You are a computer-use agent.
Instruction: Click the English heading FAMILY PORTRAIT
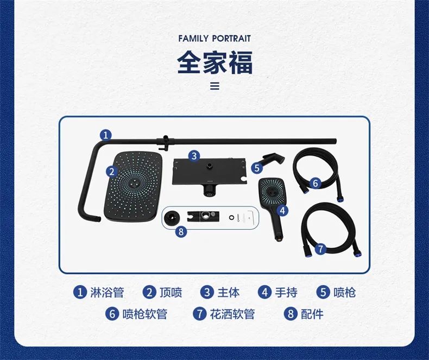pyautogui.click(x=214, y=39)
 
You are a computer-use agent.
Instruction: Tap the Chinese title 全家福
pyautogui.click(x=215, y=62)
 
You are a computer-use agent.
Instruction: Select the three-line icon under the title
pyautogui.click(x=214, y=86)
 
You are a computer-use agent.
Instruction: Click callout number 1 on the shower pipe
pyautogui.click(x=106, y=135)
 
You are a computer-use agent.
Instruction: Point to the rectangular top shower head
pyautogui.click(x=134, y=187)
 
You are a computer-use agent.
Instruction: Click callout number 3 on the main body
pyautogui.click(x=194, y=156)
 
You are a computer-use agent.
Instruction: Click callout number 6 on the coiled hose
pyautogui.click(x=315, y=183)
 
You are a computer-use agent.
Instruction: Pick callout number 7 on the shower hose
pyautogui.click(x=320, y=249)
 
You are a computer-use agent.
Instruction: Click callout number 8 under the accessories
pyautogui.click(x=181, y=232)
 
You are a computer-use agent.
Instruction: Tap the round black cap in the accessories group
pyautogui.click(x=172, y=218)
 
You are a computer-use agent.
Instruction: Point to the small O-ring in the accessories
pyautogui.click(x=231, y=218)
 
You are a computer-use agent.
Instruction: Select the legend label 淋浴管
pyautogui.click(x=107, y=292)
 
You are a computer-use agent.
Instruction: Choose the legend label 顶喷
pyautogui.click(x=171, y=292)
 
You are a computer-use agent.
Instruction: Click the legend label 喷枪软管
pyautogui.click(x=145, y=314)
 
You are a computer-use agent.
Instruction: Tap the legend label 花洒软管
pyautogui.click(x=232, y=314)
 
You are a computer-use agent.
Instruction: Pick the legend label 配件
pyautogui.click(x=312, y=314)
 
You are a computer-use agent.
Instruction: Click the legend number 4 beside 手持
pyautogui.click(x=264, y=292)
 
